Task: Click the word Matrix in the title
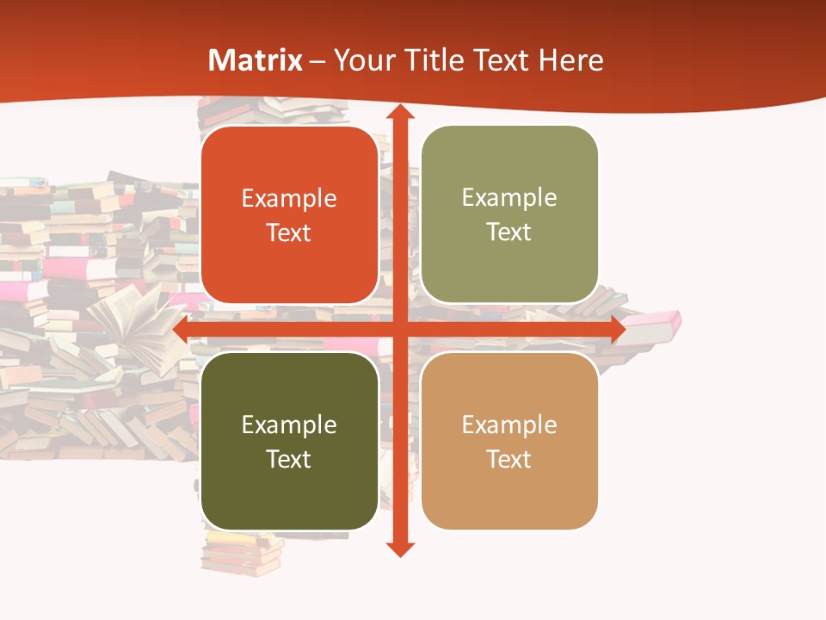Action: point(256,60)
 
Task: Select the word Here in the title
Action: point(570,60)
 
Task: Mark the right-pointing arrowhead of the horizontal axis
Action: point(618,330)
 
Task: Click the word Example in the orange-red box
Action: point(289,199)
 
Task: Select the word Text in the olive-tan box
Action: point(509,232)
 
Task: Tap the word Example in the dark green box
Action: point(289,425)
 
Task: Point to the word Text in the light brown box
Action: point(509,459)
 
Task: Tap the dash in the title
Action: point(317,61)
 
